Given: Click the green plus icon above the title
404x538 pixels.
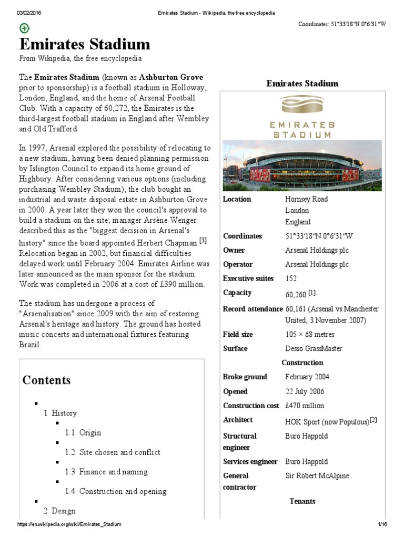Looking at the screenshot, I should [24, 28].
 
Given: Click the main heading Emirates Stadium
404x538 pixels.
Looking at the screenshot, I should [85, 44].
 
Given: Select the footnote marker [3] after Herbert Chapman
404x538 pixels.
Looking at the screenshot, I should [203, 241].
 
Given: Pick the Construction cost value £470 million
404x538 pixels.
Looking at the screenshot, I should [305, 406].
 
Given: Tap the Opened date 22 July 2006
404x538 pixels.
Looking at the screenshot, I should [305, 391].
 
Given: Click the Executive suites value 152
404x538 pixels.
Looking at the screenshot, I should [291, 278].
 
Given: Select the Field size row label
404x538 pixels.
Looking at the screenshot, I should [238, 334].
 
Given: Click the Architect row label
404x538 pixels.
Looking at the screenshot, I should [238, 420].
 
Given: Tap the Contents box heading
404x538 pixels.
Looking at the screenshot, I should [46, 380].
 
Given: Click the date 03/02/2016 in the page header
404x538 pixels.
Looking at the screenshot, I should [29, 12].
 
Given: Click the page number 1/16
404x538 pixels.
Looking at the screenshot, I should [382, 524].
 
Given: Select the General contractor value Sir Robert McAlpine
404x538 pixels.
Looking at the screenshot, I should [317, 476].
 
